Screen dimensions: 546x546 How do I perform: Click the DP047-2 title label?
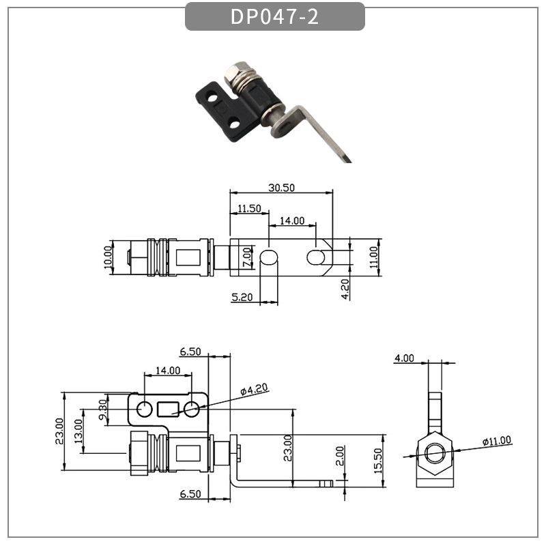[274, 17]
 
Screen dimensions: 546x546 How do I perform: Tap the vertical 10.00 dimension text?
[107, 258]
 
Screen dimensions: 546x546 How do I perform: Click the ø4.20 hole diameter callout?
[255, 390]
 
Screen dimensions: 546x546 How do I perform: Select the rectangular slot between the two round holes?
[168, 409]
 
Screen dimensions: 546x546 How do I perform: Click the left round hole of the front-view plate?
[145, 409]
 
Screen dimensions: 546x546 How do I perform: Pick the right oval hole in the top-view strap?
[316, 257]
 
